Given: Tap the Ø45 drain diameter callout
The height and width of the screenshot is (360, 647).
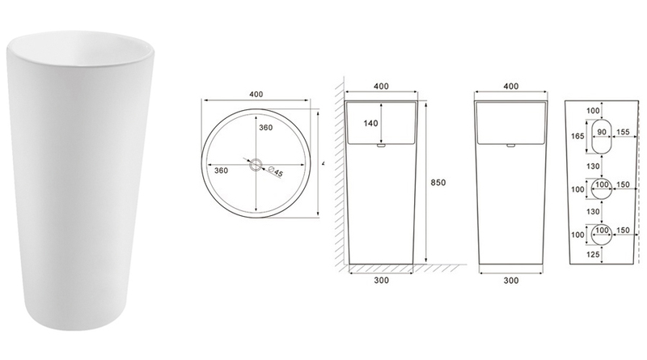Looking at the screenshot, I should point(273,171).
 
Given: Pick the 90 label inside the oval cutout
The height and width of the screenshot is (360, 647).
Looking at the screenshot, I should point(601,131).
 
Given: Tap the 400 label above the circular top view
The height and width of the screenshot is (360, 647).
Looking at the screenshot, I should point(257,95).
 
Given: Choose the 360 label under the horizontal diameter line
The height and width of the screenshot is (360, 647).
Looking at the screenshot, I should point(221,172).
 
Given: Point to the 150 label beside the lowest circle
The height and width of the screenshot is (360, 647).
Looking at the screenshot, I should point(623,231).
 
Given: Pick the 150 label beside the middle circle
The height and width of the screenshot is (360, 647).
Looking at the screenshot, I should point(623,185).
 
